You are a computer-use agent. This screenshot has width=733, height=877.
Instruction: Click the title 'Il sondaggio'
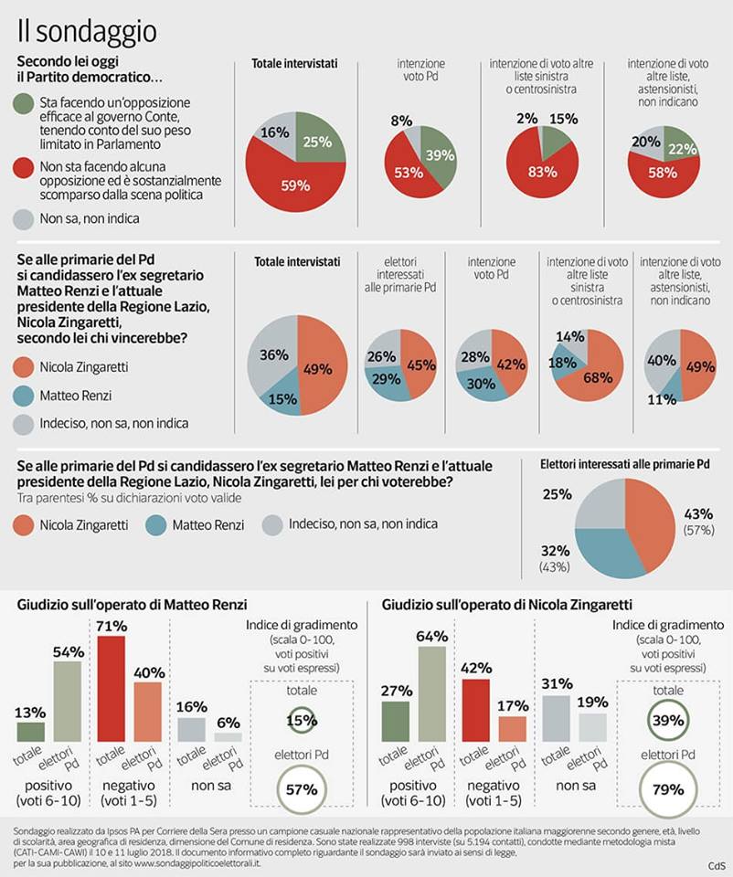[x=87, y=31]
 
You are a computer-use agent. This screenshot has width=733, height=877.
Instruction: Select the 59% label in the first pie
[x=295, y=185]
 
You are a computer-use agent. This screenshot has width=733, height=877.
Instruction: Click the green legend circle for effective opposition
[x=24, y=103]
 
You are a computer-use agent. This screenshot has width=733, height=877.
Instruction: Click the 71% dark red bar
[x=111, y=689]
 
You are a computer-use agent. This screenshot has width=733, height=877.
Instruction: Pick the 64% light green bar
[x=432, y=694]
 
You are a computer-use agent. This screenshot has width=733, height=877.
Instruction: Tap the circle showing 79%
[x=668, y=789]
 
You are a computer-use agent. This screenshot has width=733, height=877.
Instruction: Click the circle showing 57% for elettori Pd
[x=302, y=789]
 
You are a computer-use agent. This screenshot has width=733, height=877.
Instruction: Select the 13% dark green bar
[x=31, y=732]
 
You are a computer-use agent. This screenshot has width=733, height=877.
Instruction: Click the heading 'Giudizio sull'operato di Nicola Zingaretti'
[x=507, y=605]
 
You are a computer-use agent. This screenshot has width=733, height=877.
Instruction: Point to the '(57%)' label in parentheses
[x=699, y=530]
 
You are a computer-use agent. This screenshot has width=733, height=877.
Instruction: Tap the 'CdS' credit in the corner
[x=717, y=866]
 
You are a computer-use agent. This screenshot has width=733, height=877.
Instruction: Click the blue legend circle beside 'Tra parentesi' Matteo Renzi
[x=155, y=525]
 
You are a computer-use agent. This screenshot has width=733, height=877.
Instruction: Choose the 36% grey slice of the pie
[x=272, y=358]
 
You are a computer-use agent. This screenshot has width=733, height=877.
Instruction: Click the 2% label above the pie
[x=527, y=119]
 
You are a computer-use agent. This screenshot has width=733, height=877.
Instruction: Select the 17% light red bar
[x=513, y=729]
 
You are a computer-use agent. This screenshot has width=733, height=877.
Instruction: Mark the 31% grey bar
[x=557, y=719]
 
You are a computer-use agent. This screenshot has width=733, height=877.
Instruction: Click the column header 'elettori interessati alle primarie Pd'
[x=400, y=275]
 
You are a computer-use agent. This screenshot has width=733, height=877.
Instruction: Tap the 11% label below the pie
[x=662, y=399]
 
